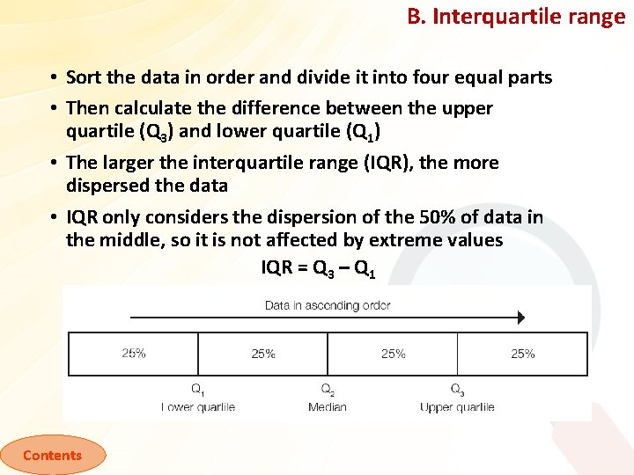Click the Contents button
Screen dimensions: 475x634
[52, 455]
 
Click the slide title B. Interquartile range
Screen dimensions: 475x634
[516, 17]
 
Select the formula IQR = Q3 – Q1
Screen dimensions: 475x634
[319, 269]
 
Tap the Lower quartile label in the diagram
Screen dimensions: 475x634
[198, 407]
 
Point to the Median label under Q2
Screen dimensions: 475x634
[328, 407]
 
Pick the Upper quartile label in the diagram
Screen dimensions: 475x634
[457, 407]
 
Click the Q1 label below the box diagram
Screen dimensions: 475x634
[198, 390]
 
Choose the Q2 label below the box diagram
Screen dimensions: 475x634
[328, 390]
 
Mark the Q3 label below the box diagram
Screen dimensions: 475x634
[457, 390]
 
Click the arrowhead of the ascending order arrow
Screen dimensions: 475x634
[520, 318]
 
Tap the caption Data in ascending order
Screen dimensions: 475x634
[328, 305]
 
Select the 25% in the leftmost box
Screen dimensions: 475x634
[134, 354]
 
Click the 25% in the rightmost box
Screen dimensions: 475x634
[523, 354]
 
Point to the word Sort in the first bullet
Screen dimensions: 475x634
[84, 77]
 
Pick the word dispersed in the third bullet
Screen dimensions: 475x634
[106, 186]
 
